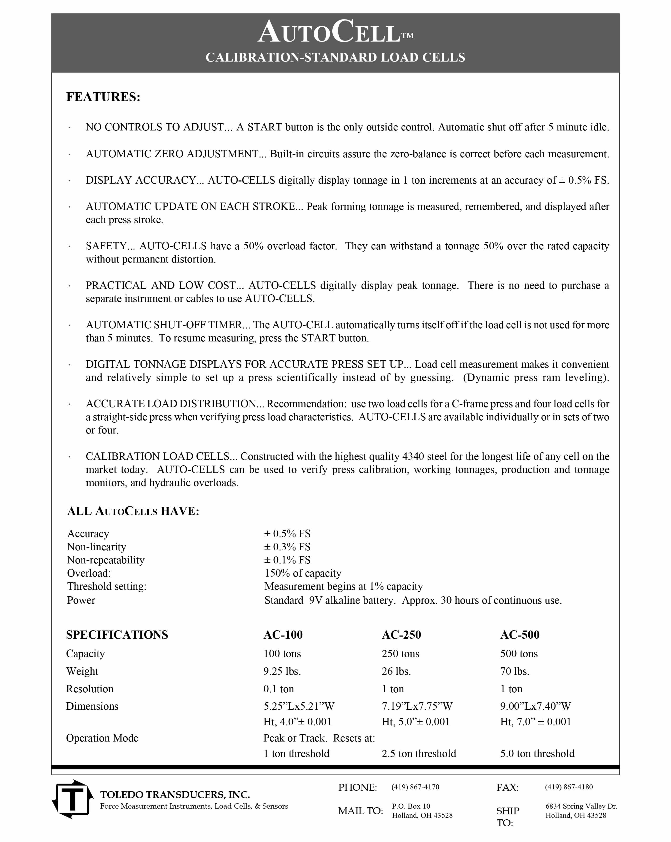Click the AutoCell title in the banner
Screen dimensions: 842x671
[x=335, y=32]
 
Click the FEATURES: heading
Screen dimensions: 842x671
[x=103, y=97]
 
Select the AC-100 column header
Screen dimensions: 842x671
[x=283, y=635]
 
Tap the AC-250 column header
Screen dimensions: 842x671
[x=401, y=635]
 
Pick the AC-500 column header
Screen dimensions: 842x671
[x=519, y=635]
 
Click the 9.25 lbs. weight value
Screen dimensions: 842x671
[x=282, y=671]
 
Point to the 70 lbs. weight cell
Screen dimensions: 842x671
[x=514, y=671]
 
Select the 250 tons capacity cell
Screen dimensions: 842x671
[x=400, y=654]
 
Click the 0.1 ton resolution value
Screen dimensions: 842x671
[x=278, y=689]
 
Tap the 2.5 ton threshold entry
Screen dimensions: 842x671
[x=419, y=754]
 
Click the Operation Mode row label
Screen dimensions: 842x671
[x=102, y=738]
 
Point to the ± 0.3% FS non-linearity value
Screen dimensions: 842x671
[x=287, y=547]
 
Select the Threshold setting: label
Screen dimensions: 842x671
[x=107, y=586]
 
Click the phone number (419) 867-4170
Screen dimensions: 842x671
[x=415, y=787]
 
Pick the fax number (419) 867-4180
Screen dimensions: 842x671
[x=569, y=787]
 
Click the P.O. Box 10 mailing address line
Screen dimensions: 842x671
[x=411, y=806]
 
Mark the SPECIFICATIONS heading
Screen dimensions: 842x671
[x=117, y=635]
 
